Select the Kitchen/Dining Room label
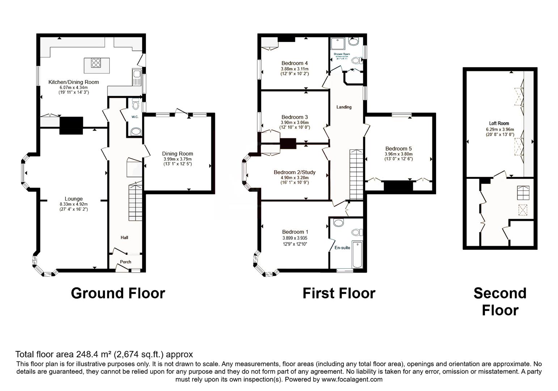[x=73, y=82]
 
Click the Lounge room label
[x=73, y=199]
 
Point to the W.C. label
[x=135, y=117]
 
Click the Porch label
[x=125, y=262]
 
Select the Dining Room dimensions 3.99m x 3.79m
[x=177, y=159]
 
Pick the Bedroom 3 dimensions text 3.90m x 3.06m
[x=295, y=122]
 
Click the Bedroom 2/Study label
[x=295, y=172]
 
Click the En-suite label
[x=342, y=248]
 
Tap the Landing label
[x=344, y=107]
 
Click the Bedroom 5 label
[x=398, y=148]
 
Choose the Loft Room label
[x=499, y=123]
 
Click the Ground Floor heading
[x=118, y=293]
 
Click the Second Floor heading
[x=500, y=302]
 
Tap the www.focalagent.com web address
[x=352, y=379]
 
